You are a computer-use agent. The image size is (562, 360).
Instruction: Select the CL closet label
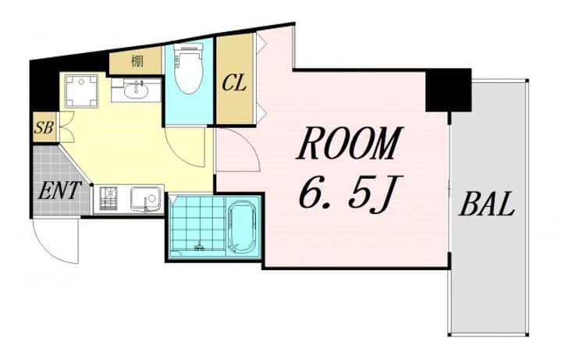pos(234,84)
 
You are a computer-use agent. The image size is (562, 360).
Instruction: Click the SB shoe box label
pos(44,127)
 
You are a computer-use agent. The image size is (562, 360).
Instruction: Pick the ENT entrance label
pos(59,191)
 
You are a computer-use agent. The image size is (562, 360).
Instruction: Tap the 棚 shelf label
pos(137,62)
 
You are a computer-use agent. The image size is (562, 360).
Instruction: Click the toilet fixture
pos(189,69)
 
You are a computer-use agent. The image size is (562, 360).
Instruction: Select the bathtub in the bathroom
pos(241,229)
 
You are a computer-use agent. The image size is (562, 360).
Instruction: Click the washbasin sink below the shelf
pos(136,90)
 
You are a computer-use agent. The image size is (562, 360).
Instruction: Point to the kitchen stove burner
pos(108,199)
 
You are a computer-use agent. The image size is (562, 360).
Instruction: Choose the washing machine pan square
pos(81,91)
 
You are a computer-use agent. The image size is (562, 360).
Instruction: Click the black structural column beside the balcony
pos(448,90)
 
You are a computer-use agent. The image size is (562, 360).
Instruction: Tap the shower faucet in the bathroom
pos(198,246)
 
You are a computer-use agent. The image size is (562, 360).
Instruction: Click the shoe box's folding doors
pos(66,127)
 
